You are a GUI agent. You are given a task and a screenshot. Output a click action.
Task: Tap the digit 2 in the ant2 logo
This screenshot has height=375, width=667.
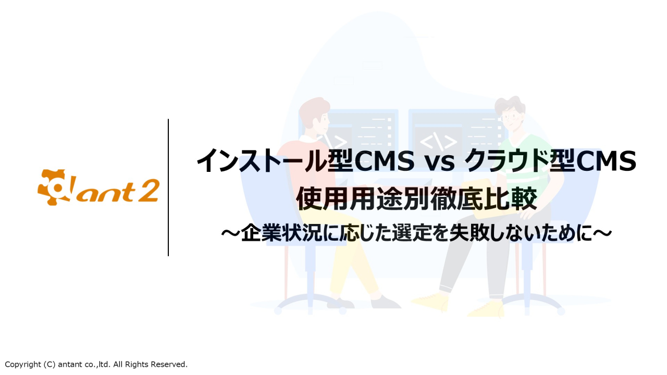149,191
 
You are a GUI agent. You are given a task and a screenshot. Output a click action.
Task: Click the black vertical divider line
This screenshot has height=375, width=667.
168,187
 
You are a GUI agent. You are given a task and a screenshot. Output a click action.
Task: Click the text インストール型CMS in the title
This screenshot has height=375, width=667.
305,161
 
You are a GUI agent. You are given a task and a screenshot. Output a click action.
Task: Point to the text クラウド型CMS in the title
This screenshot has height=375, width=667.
550,161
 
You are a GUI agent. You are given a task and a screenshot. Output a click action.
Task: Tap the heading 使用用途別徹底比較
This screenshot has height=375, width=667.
416,198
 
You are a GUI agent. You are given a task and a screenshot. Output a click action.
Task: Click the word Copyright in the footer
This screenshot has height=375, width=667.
23,365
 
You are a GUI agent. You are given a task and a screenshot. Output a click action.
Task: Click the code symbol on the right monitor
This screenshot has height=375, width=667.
438,142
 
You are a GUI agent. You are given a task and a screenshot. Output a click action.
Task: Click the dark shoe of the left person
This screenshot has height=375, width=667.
385,302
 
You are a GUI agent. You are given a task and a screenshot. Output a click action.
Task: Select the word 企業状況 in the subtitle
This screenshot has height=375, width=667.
282,233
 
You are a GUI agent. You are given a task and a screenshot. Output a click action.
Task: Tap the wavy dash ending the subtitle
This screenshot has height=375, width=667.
602,233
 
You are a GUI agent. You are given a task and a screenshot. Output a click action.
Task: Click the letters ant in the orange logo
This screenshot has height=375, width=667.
106,193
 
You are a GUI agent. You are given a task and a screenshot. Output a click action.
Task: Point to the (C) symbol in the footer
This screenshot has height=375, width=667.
50,365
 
